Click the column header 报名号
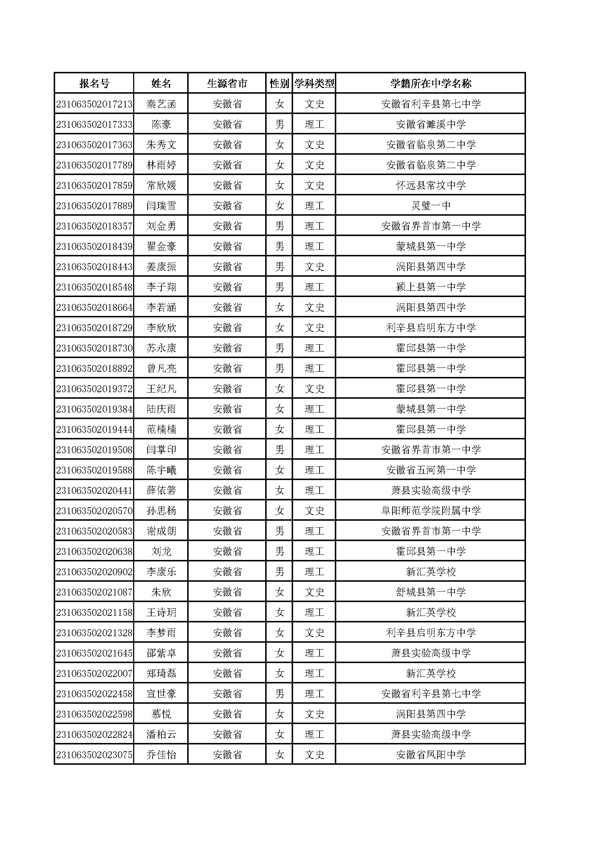[x=94, y=84]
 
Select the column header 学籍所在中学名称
[x=431, y=84]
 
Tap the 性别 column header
[x=279, y=84]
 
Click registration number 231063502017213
[x=94, y=104]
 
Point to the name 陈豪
[x=161, y=125]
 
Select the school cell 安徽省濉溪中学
[x=431, y=125]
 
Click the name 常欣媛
[x=161, y=185]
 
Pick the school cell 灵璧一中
[x=431, y=206]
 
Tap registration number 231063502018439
[x=94, y=246]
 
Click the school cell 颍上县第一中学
[x=431, y=287]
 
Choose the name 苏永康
[x=161, y=348]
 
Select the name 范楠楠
[x=161, y=429]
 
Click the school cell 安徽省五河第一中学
[x=431, y=470]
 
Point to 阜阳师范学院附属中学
[x=431, y=511]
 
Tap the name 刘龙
[x=161, y=551]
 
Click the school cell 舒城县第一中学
[x=431, y=592]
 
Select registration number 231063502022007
[x=94, y=673]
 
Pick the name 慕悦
[x=161, y=714]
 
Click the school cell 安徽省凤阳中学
[x=431, y=755]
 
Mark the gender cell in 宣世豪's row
[x=279, y=694]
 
